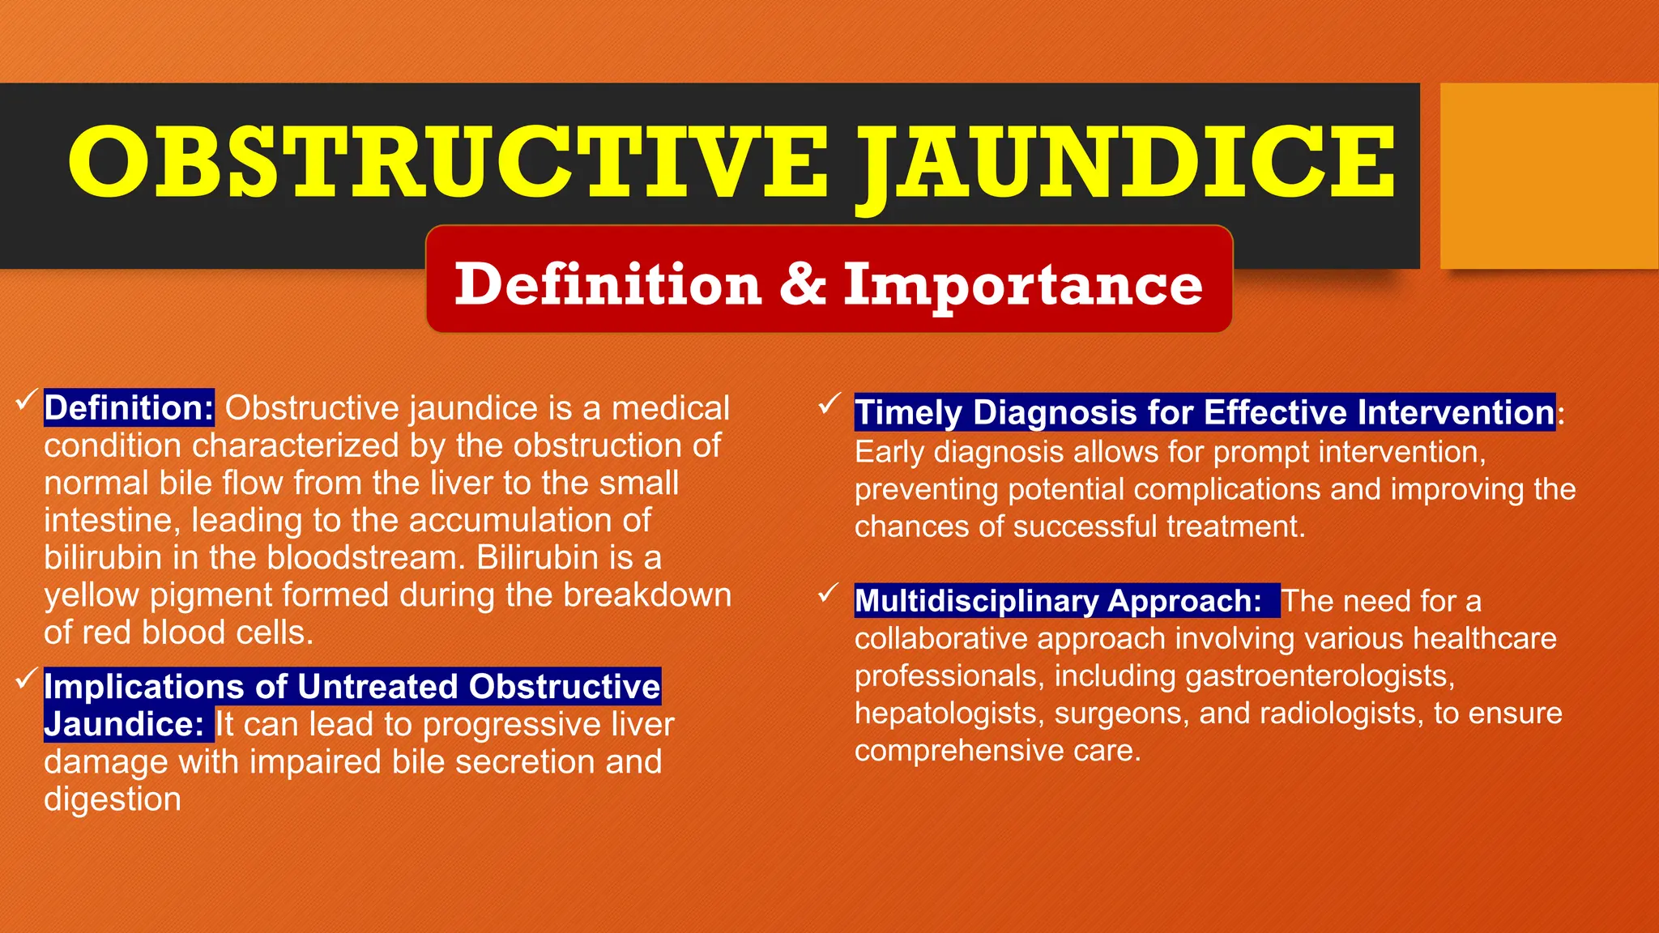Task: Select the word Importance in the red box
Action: [x=1022, y=285]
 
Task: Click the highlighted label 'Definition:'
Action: [x=129, y=407]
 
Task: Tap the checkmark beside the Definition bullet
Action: [x=26, y=398]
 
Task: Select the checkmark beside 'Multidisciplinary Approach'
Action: [x=828, y=593]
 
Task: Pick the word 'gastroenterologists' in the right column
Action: [x=1320, y=676]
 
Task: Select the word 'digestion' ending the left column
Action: [x=113, y=799]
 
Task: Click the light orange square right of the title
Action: [x=1548, y=176]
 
